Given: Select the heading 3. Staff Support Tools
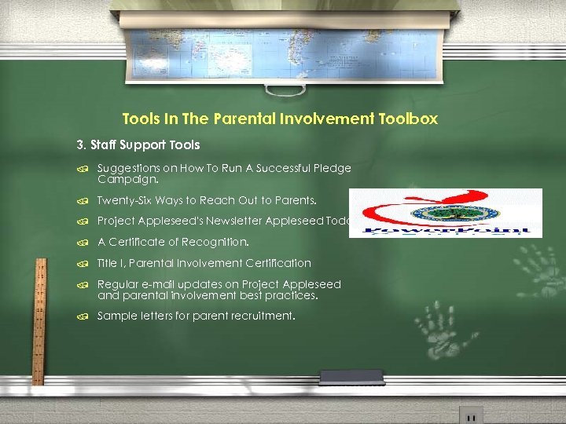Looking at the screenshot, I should point(138,144).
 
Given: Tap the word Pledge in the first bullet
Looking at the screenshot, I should point(333,168).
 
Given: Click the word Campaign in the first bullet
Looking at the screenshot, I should point(123,179).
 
